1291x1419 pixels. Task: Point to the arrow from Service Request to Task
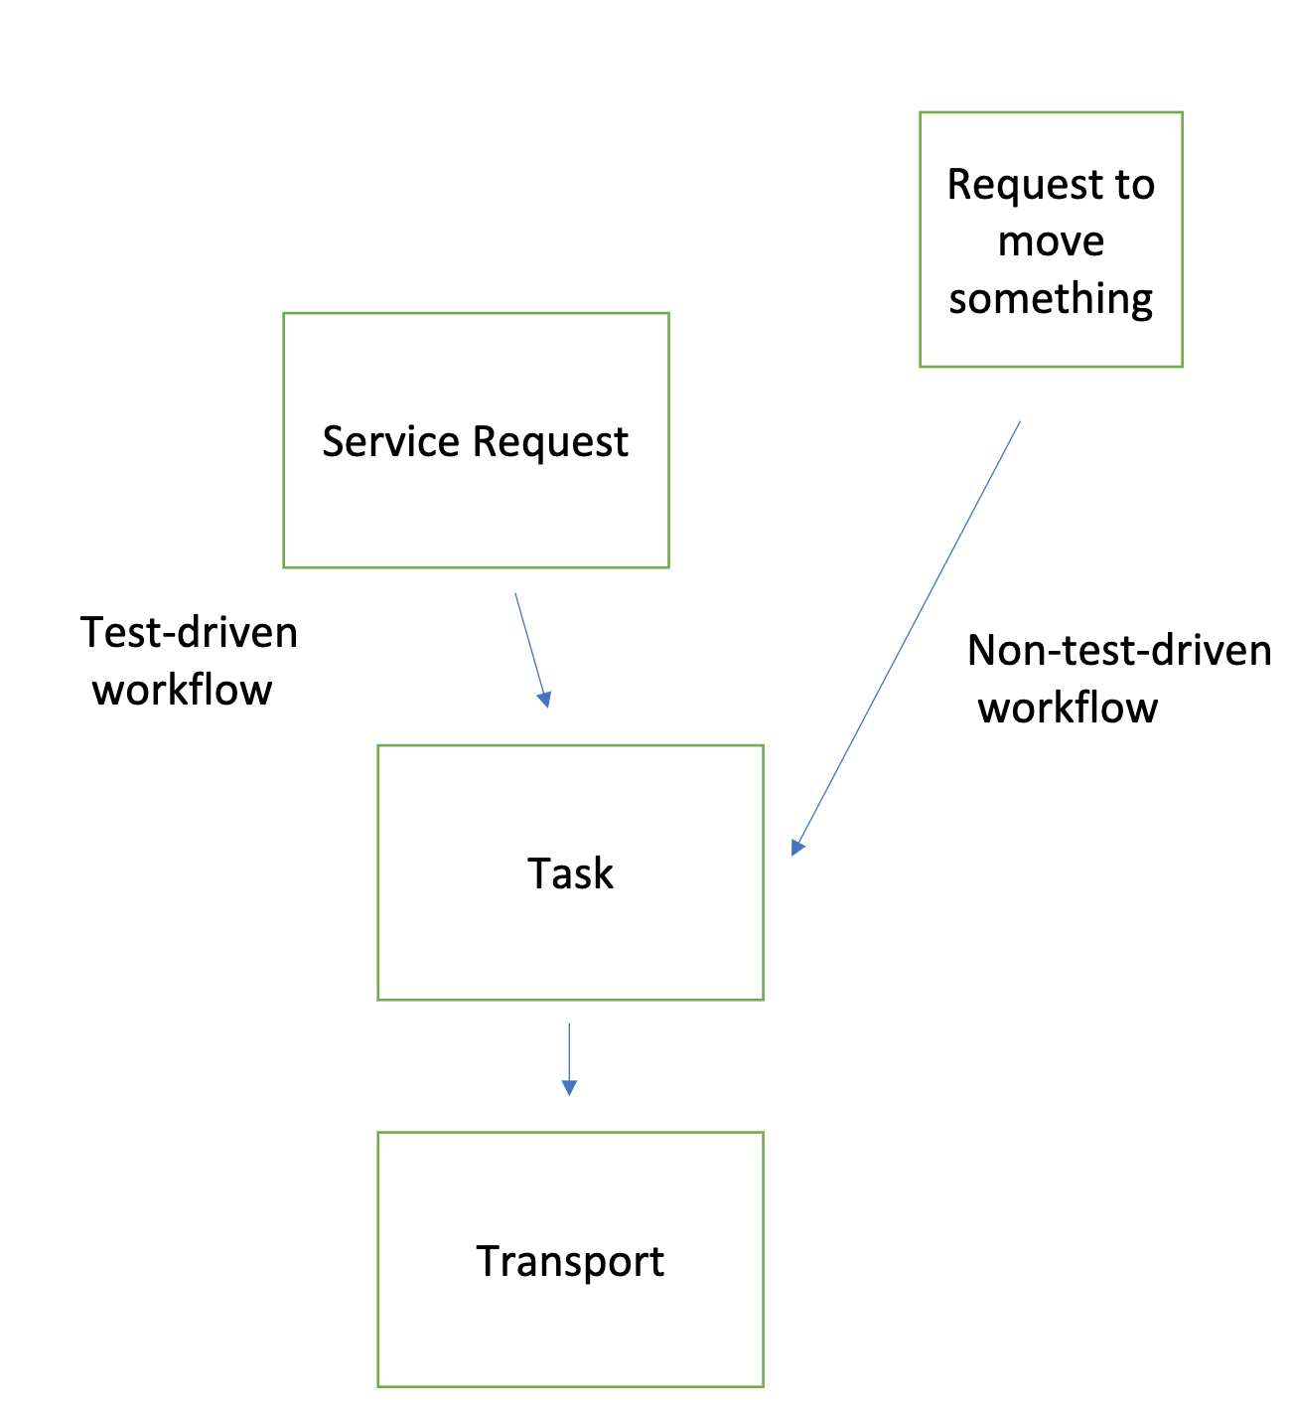pyautogui.click(x=530, y=646)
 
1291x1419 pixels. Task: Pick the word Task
pyautogui.click(x=570, y=873)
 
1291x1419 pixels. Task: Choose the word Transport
pyautogui.click(x=570, y=1261)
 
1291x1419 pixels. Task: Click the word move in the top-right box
pyautogui.click(x=1051, y=241)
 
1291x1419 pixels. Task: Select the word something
pyautogui.click(x=1051, y=299)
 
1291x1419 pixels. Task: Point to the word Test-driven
pyautogui.click(x=189, y=633)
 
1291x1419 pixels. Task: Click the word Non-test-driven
pyautogui.click(x=1119, y=651)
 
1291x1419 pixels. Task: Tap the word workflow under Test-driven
pyautogui.click(x=182, y=690)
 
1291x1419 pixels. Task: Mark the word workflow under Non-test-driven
pyautogui.click(x=1068, y=708)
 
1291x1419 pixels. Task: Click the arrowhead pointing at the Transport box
pyautogui.click(x=569, y=1087)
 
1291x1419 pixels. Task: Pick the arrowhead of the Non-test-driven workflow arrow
pyautogui.click(x=796, y=847)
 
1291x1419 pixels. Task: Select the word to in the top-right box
pyautogui.click(x=1133, y=185)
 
